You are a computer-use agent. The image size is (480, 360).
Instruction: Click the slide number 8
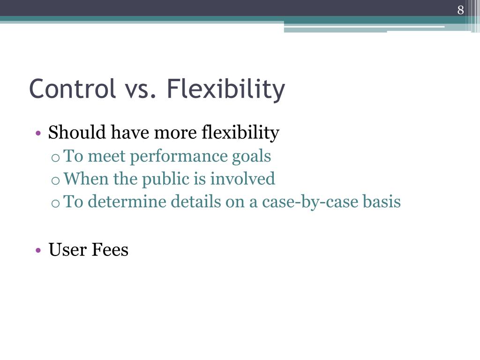pyautogui.click(x=460, y=10)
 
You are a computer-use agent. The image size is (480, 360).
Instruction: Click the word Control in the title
pyautogui.click(x=72, y=89)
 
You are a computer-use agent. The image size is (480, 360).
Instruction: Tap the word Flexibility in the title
pyautogui.click(x=225, y=90)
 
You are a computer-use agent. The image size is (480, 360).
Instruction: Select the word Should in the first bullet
pyautogui.click(x=77, y=133)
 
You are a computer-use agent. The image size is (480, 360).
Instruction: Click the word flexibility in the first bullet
pyautogui.click(x=240, y=133)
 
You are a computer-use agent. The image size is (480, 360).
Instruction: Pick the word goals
pyautogui.click(x=252, y=157)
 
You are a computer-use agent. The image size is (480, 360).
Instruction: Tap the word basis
pyautogui.click(x=382, y=202)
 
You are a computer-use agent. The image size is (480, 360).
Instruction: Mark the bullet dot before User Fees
pyautogui.click(x=38, y=250)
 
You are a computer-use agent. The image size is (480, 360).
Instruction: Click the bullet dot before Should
pyautogui.click(x=38, y=134)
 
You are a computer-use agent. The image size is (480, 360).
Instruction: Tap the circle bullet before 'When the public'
pyautogui.click(x=55, y=180)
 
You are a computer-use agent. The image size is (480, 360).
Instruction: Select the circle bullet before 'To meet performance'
pyautogui.click(x=55, y=157)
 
